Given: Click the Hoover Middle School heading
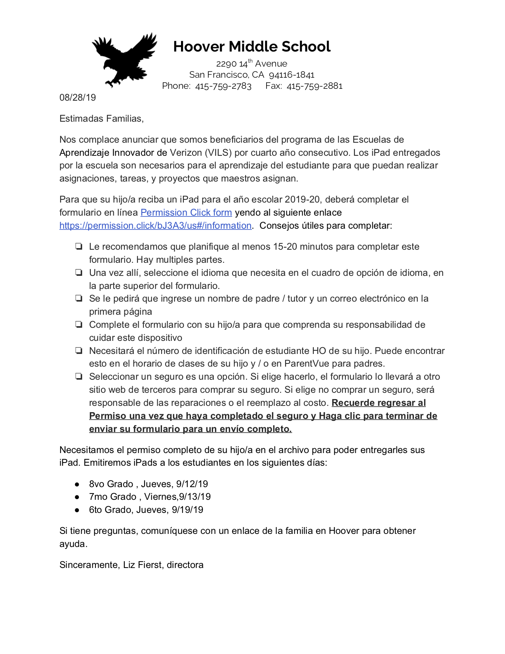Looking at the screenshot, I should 252,47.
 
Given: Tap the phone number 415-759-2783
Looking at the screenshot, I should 223,86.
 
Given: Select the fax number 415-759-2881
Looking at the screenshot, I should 314,86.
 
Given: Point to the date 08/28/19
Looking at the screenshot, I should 78,98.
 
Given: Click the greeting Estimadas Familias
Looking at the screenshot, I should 101,119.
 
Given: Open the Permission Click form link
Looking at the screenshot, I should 186,212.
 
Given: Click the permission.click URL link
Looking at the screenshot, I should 156,226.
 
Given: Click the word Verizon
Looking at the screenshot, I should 186,153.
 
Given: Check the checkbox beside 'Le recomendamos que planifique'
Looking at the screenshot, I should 79,247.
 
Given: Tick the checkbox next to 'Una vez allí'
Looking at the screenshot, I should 79,273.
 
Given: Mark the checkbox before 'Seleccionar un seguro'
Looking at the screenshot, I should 79,377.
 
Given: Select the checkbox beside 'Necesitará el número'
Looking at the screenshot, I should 79,351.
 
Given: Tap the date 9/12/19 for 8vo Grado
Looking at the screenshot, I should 192,484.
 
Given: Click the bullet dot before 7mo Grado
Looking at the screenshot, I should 77,497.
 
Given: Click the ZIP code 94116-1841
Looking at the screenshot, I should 292,75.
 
